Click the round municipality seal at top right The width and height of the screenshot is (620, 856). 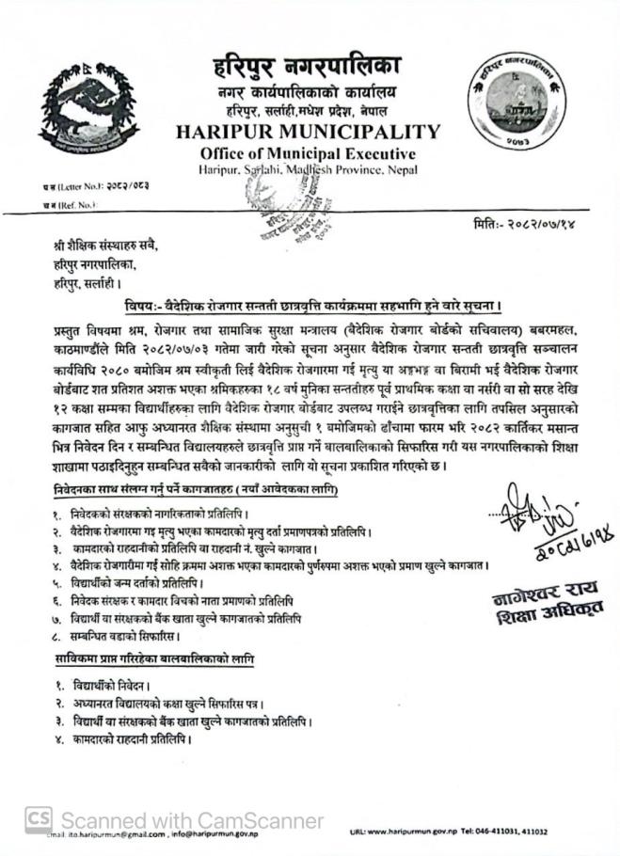pos(516,108)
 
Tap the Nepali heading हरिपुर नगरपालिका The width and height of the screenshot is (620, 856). pos(307,68)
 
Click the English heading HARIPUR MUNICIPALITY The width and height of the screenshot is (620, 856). pos(307,132)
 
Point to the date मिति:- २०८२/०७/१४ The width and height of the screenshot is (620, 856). pos(536,225)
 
